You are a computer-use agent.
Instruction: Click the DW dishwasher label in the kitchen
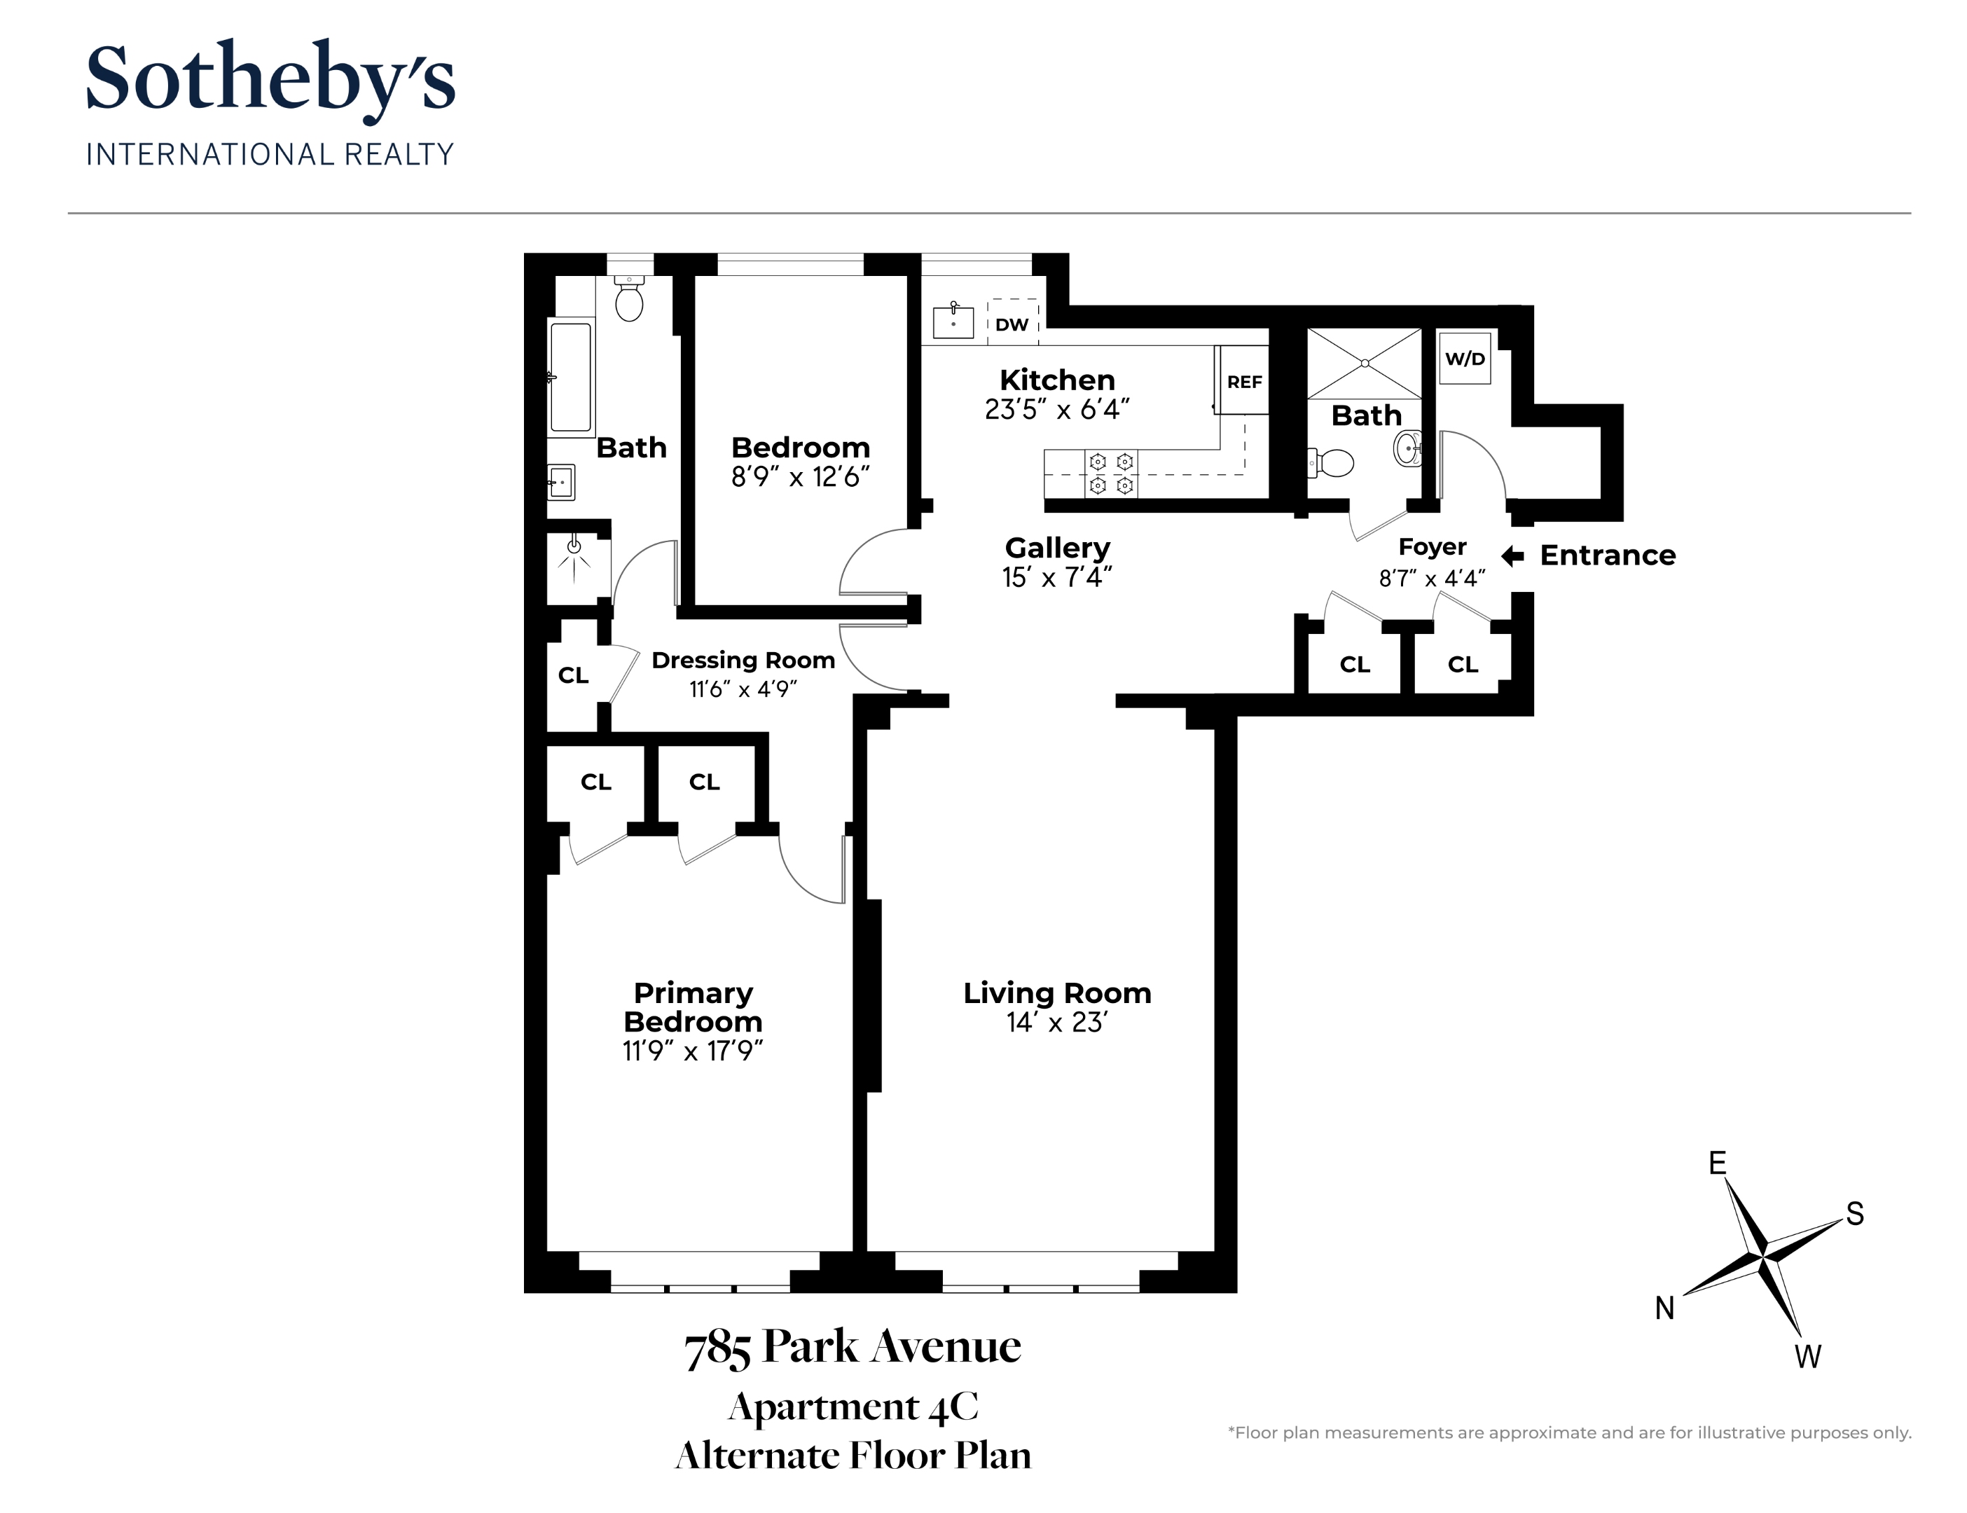click(1012, 325)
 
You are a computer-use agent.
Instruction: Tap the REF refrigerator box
click(1244, 382)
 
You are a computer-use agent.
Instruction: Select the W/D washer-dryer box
click(1465, 359)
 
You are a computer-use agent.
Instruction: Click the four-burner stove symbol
click(1110, 474)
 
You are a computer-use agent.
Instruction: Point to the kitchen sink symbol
click(953, 322)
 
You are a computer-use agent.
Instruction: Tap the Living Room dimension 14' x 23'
click(1056, 1022)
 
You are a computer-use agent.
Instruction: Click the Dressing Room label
click(743, 660)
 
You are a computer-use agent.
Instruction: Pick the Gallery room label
click(1057, 548)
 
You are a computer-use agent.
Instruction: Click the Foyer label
click(1432, 546)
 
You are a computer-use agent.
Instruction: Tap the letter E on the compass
click(1718, 1163)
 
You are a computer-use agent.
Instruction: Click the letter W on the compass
click(1807, 1356)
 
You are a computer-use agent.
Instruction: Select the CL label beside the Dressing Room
click(573, 675)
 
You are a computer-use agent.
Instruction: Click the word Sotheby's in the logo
click(270, 79)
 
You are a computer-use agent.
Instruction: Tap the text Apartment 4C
click(853, 1407)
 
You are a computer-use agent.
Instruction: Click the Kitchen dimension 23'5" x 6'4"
click(1056, 410)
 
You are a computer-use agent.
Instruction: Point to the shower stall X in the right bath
click(1365, 363)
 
